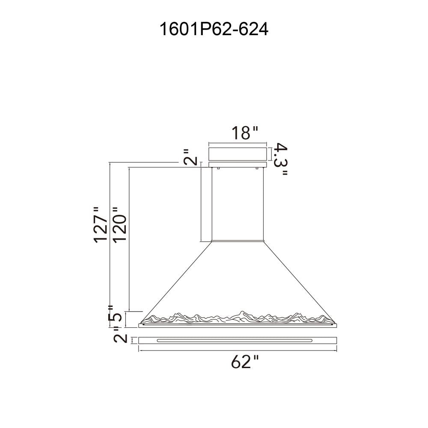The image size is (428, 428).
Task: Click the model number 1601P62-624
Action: (x=214, y=29)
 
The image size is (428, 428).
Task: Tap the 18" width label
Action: (x=244, y=133)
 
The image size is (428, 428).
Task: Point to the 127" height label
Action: (x=101, y=225)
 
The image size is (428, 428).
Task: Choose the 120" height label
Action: (x=120, y=225)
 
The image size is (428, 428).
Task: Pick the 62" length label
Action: (x=244, y=362)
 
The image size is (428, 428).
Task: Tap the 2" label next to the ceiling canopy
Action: (x=190, y=157)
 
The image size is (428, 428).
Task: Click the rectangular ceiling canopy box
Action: (x=237, y=154)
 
